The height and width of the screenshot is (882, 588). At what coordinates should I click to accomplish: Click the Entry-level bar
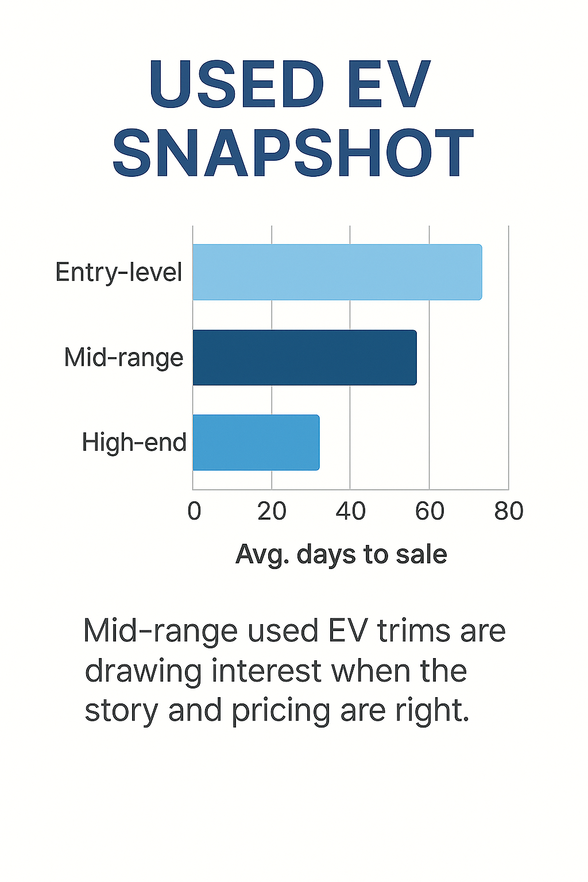pyautogui.click(x=337, y=272)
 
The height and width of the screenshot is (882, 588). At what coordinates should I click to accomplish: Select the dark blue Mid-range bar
pyautogui.click(x=304, y=357)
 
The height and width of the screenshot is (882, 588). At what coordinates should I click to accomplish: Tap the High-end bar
pyautogui.click(x=256, y=442)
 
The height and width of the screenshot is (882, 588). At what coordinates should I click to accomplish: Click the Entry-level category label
pyautogui.click(x=119, y=272)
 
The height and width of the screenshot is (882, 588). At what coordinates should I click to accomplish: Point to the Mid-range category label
pyautogui.click(x=123, y=357)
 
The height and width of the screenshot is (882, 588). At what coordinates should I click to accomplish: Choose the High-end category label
pyautogui.click(x=134, y=442)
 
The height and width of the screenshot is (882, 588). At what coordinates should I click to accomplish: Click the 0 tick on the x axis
pyautogui.click(x=194, y=510)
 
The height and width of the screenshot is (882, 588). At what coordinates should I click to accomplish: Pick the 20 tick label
pyautogui.click(x=272, y=510)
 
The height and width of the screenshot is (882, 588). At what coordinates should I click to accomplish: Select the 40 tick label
pyautogui.click(x=350, y=510)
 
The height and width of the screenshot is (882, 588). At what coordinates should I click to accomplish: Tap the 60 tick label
pyautogui.click(x=430, y=510)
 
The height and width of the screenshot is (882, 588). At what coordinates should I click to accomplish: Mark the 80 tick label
pyautogui.click(x=509, y=510)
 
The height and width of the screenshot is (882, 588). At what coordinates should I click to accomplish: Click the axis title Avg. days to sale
pyautogui.click(x=341, y=555)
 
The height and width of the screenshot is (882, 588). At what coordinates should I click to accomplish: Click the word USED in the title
pyautogui.click(x=236, y=84)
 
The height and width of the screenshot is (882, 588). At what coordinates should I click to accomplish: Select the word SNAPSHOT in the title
pyautogui.click(x=293, y=153)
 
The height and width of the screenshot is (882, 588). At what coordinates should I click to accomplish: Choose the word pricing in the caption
pyautogui.click(x=281, y=711)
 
